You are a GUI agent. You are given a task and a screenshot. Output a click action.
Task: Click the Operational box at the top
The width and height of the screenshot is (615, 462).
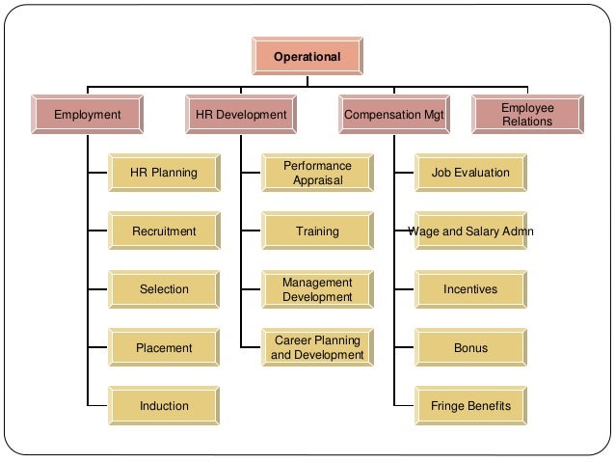(x=307, y=57)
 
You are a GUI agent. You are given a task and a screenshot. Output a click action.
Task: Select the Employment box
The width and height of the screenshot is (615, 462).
(x=88, y=115)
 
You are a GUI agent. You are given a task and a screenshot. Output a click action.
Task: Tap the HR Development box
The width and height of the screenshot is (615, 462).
(x=241, y=115)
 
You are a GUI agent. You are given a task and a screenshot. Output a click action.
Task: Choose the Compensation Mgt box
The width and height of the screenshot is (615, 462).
(x=395, y=115)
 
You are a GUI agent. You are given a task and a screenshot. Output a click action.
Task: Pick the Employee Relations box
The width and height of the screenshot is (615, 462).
(x=527, y=115)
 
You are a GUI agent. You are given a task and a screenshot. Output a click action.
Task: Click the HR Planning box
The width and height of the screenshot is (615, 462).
(x=164, y=174)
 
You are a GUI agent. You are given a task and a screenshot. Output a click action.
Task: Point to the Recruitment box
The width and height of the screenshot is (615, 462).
(x=164, y=231)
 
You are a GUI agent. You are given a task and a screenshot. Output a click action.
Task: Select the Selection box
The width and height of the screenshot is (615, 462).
(x=164, y=289)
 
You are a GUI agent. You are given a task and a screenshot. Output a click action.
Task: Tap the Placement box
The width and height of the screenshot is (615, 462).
(x=164, y=347)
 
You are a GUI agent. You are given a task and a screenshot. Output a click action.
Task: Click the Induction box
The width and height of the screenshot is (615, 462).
(x=164, y=405)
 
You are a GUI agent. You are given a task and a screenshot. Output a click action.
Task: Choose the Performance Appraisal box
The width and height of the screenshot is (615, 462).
(x=317, y=174)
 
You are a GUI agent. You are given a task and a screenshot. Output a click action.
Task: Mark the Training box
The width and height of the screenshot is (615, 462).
(x=317, y=231)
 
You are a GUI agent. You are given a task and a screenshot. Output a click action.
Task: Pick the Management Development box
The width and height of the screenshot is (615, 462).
(x=317, y=289)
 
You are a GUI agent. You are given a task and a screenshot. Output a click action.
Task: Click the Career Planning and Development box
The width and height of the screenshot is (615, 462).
(x=317, y=347)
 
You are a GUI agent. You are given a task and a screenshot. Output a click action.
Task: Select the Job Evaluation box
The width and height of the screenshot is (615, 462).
(x=470, y=174)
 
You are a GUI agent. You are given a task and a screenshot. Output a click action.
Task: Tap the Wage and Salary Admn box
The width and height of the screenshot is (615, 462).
(x=470, y=231)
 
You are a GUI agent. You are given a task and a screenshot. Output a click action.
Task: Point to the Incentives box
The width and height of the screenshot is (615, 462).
(x=470, y=289)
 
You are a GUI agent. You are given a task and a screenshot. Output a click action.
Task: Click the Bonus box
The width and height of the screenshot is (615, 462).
(x=470, y=347)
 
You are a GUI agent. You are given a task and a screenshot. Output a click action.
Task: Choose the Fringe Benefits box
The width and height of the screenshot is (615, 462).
(x=470, y=405)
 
